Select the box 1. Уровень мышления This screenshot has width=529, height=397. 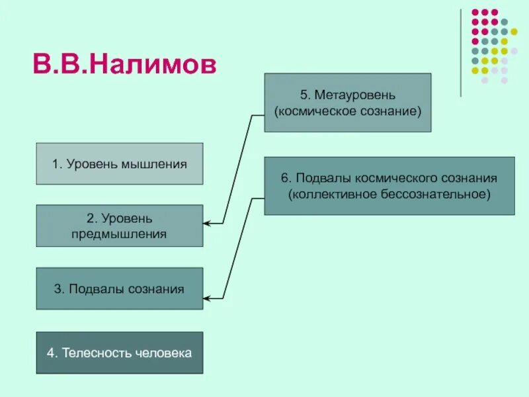pos(120,163)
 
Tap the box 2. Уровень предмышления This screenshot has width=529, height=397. pos(120,226)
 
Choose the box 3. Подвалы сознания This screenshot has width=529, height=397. pos(120,288)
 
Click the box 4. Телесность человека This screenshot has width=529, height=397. pos(120,353)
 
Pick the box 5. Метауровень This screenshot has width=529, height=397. pos(348,103)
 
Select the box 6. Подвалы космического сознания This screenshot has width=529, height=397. pos(389,186)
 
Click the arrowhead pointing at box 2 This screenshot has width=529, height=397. pos(207,224)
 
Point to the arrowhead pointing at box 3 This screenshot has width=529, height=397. pos(207,299)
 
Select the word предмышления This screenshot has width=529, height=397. pos(120,234)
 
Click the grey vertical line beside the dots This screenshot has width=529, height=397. pos(461,53)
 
